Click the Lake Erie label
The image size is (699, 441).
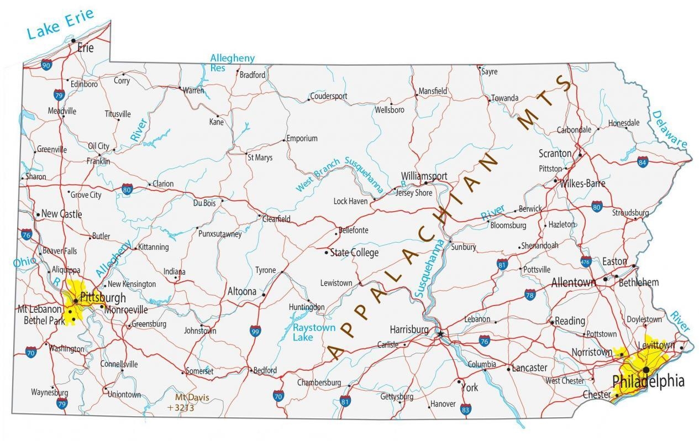tap(61, 25)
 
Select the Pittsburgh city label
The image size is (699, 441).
tap(103, 298)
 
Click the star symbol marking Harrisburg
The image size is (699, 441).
tap(440, 334)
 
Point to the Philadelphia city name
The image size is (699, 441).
tap(648, 381)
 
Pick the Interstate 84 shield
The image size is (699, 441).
tap(642, 162)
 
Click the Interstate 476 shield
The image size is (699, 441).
tap(586, 261)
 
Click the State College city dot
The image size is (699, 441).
tap(327, 253)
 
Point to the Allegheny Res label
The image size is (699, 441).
tap(232, 63)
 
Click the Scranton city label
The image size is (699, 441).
tap(555, 153)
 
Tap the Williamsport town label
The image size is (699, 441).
tap(424, 176)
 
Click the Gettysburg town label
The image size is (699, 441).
tap(397, 397)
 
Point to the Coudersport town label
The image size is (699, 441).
tap(329, 96)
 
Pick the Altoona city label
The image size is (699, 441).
tap(242, 291)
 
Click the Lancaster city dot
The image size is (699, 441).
tap(508, 368)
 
